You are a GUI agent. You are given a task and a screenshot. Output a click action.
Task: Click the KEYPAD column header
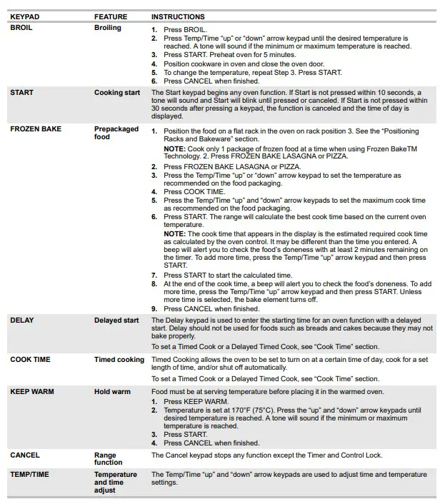pos(24,16)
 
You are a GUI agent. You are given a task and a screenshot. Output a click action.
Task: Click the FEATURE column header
pos(111,16)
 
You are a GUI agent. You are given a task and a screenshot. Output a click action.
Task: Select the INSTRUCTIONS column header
pos(178,16)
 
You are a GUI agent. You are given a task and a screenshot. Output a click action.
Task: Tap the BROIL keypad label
pos(21,28)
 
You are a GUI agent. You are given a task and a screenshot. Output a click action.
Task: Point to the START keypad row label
pos(21,93)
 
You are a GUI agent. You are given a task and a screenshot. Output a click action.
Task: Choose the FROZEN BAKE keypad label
pos(36,129)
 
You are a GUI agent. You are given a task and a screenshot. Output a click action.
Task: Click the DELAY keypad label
pos(21,321)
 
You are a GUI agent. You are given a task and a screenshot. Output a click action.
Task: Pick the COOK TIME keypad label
pos(30,360)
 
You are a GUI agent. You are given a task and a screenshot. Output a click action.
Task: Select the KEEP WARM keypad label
pos(31,392)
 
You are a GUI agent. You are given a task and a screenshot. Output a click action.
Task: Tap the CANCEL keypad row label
pos(25,455)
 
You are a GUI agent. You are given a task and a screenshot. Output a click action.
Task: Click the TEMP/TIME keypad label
pos(30,475)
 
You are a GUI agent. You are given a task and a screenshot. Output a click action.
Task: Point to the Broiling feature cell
pos(108,28)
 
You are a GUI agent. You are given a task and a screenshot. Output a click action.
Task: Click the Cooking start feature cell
pos(117,93)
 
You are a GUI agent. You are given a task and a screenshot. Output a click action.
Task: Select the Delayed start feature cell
pos(116,321)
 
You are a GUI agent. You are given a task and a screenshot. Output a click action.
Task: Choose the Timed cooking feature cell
pos(119,360)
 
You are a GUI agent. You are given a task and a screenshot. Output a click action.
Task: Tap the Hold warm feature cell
pos(112,392)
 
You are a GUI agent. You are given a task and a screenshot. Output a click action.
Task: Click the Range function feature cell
pos(108,459)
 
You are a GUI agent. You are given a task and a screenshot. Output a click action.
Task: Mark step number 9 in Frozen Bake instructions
pos(154,309)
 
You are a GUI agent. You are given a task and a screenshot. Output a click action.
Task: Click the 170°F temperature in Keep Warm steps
pos(249,411)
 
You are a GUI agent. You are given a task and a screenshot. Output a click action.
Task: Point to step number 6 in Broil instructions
pos(154,81)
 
